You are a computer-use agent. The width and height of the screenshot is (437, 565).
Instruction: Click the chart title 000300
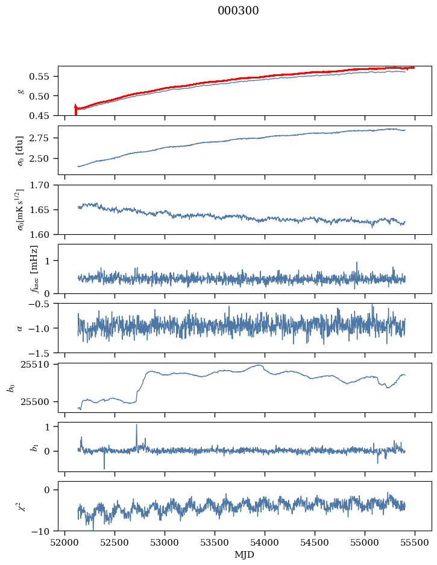pyautogui.click(x=238, y=11)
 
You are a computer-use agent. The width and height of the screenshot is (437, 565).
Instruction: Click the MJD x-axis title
pyautogui.click(x=244, y=554)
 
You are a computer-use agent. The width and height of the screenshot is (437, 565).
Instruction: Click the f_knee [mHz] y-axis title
pyautogui.click(x=34, y=269)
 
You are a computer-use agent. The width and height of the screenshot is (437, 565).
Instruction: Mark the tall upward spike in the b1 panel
pyautogui.click(x=136, y=425)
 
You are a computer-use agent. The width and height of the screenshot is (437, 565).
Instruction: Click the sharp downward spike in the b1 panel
pyautogui.click(x=104, y=468)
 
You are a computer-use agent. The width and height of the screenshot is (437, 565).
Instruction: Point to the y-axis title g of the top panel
pyautogui.click(x=21, y=91)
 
